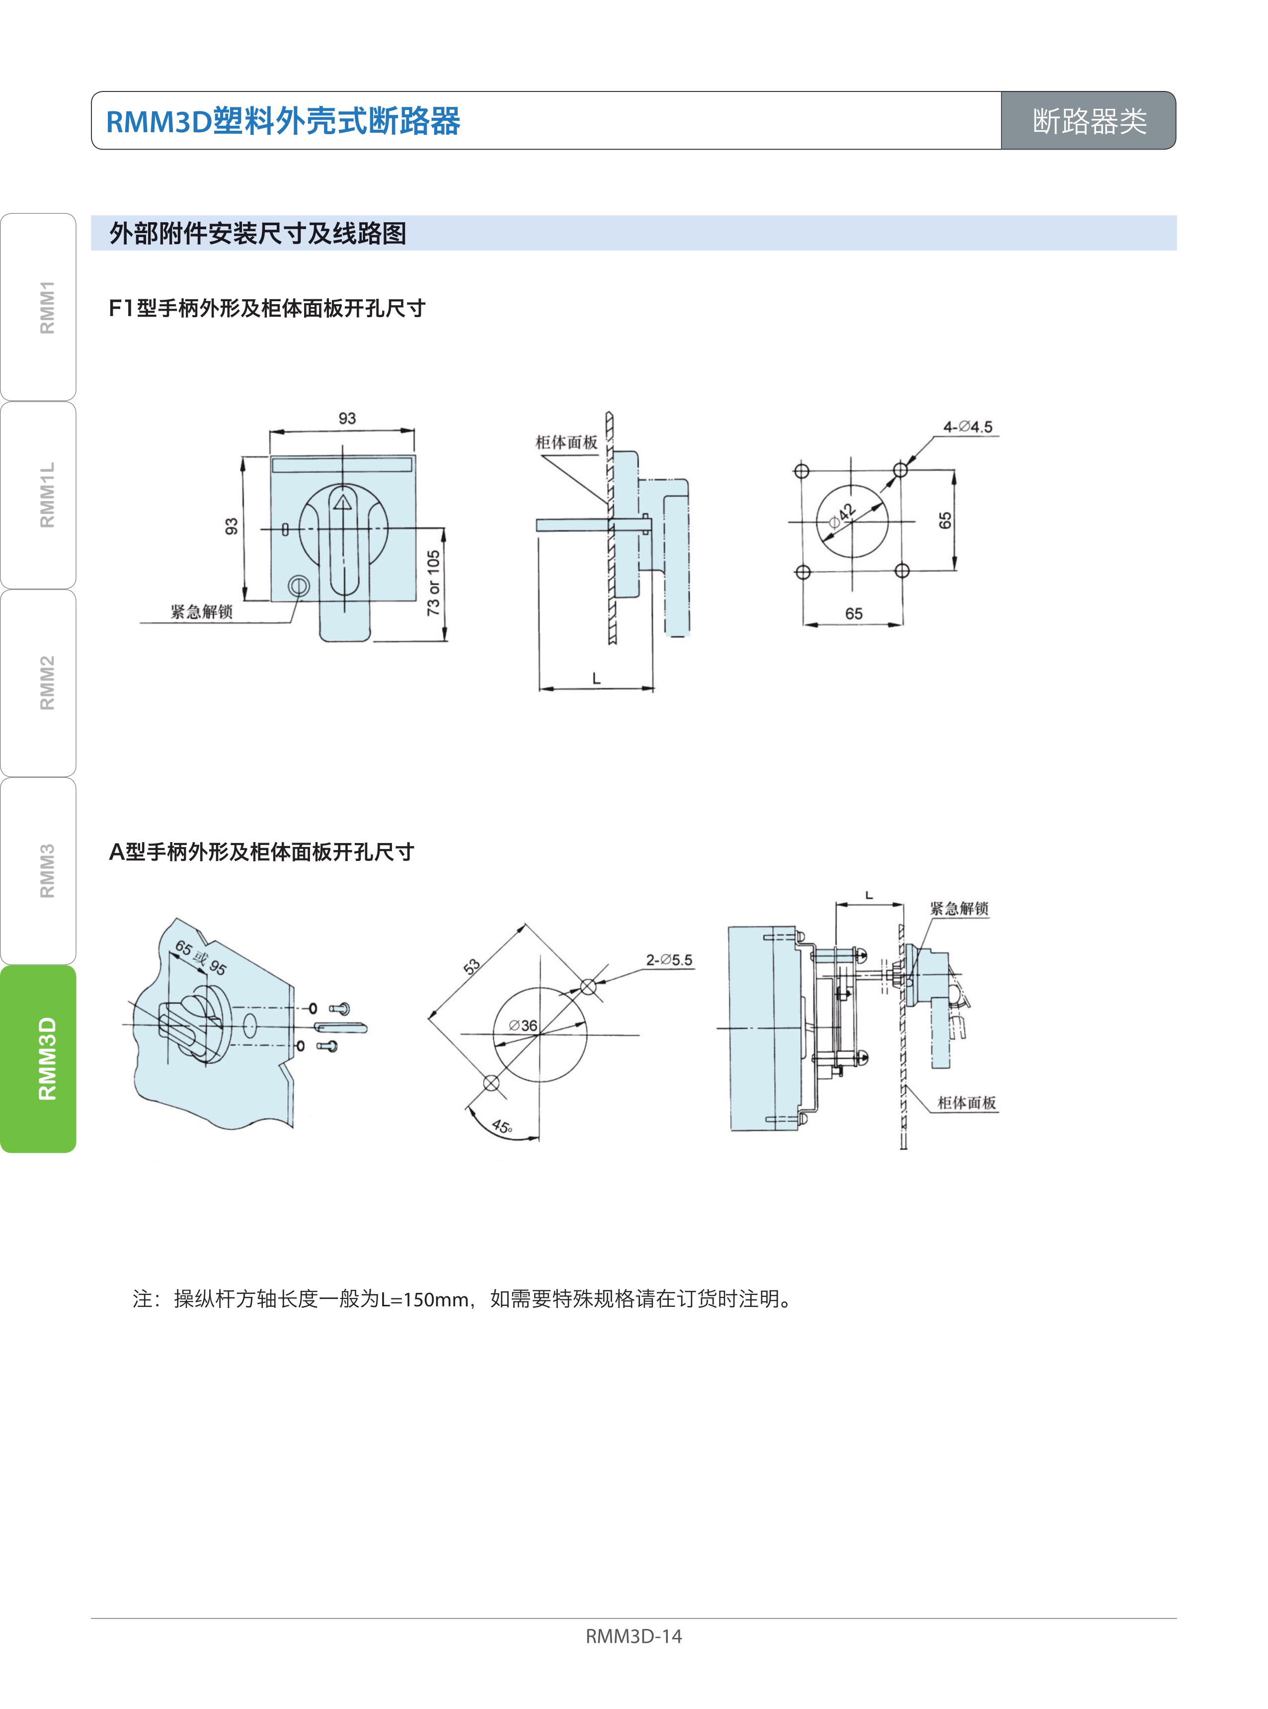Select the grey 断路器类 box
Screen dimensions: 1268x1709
1089,120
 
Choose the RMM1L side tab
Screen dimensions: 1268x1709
38,495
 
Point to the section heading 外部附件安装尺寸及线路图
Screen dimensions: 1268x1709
258,234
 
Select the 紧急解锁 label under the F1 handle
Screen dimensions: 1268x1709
201,612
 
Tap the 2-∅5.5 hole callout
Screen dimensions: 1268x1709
669,960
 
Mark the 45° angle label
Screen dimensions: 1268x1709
502,1127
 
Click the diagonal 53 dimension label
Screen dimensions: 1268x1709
472,966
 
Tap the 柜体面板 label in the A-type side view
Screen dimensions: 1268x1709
966,1103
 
